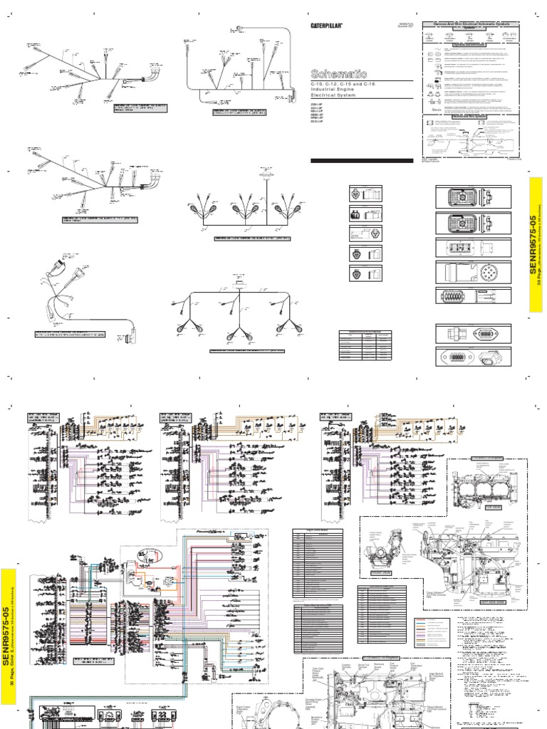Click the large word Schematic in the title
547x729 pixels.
coord(339,73)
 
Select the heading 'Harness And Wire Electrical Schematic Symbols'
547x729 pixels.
coord(472,23)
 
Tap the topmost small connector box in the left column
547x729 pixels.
coord(365,193)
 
